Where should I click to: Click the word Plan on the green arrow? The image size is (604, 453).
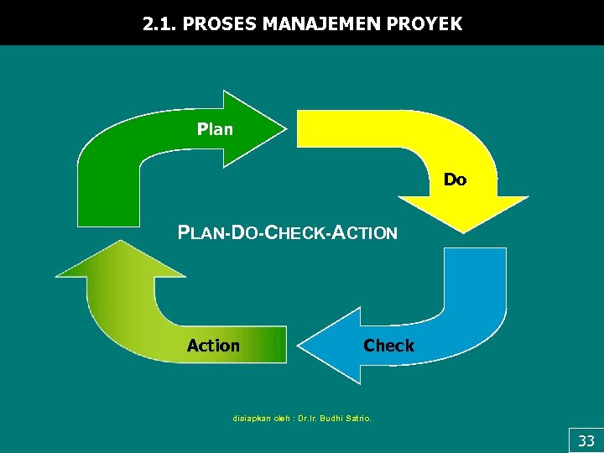(x=215, y=129)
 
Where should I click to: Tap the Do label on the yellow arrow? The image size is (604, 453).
(x=455, y=180)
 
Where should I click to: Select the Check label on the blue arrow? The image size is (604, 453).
(x=388, y=346)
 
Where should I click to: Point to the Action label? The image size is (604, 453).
(x=213, y=346)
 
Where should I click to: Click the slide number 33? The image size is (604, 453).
(x=586, y=440)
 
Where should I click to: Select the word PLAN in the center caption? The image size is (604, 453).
(x=198, y=233)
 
